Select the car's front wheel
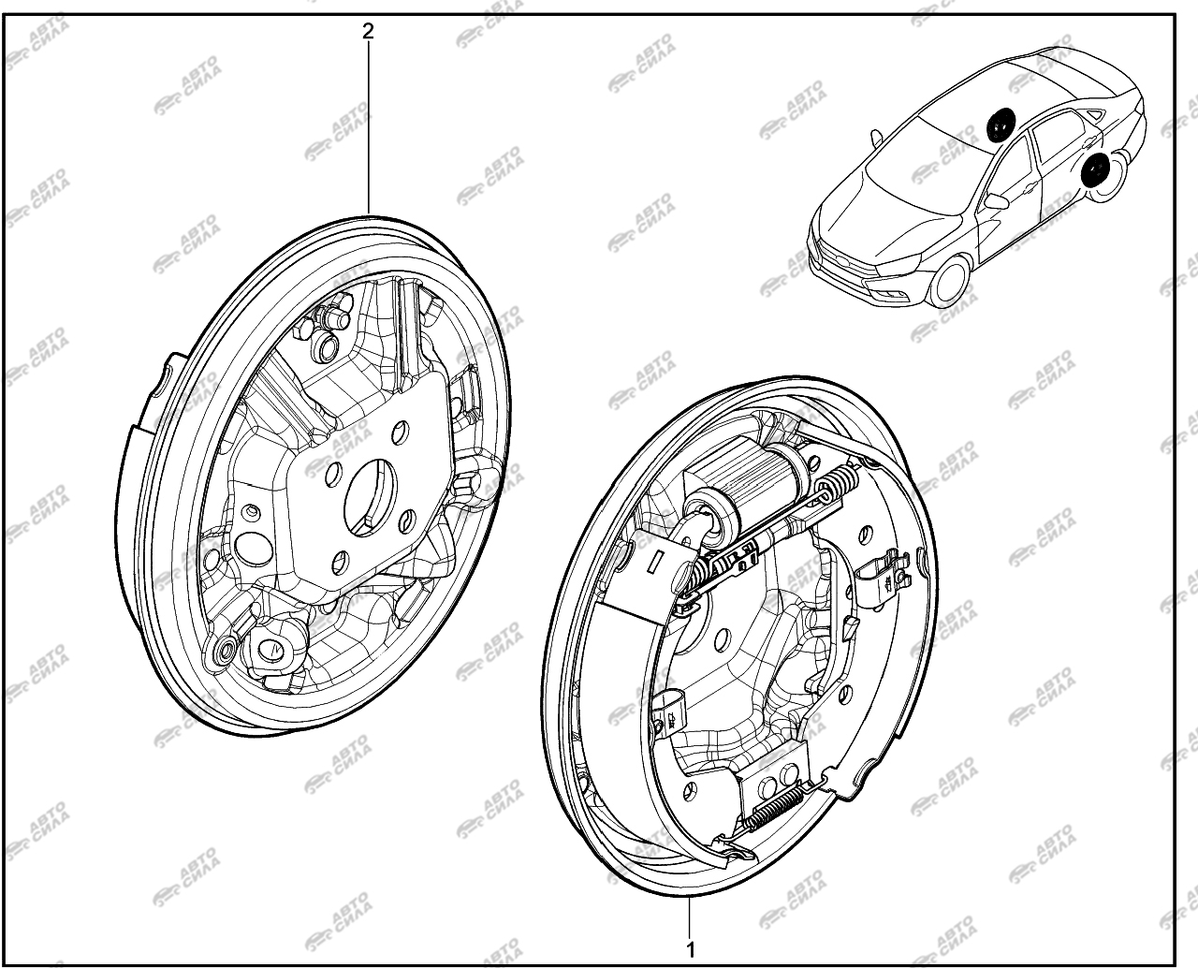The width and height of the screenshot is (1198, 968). coord(951,283)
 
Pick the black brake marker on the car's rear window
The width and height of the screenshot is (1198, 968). coord(1000,125)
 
